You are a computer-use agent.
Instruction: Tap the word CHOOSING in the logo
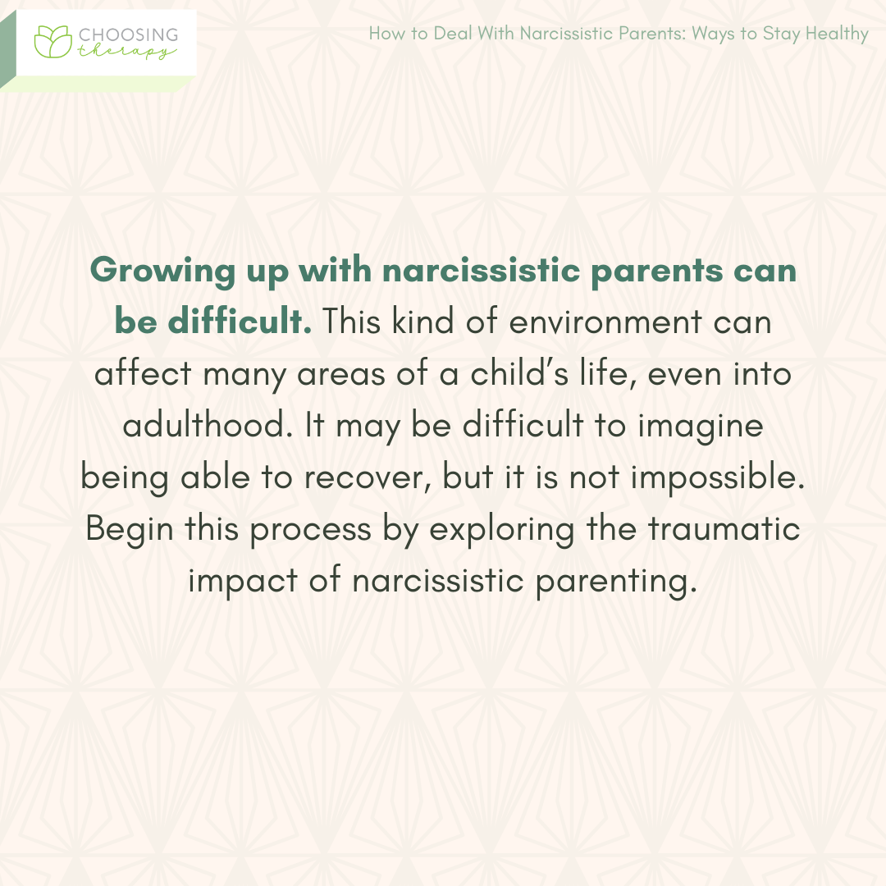[x=127, y=34]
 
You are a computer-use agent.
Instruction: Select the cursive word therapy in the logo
[x=126, y=52]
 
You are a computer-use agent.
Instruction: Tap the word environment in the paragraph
[x=605, y=322]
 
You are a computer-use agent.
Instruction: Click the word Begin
[x=130, y=529]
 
